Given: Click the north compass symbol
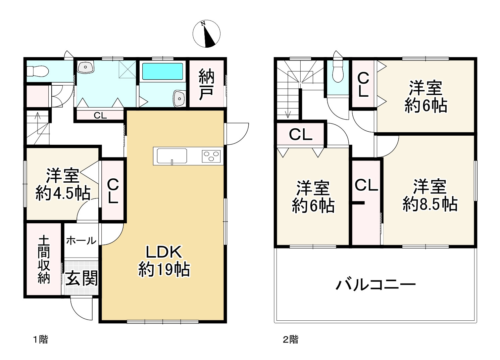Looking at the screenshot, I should point(206,34).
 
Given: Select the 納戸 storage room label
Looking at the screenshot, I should point(206,84).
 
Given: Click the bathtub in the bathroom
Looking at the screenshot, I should point(162,72).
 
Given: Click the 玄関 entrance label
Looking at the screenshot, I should point(82,278).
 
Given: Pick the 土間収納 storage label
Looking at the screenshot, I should point(44,260).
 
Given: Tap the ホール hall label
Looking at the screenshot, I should point(81,240).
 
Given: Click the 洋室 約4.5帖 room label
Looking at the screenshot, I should point(63,184).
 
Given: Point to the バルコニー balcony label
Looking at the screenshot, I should point(376,285).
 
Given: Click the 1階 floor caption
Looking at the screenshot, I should point(40,340).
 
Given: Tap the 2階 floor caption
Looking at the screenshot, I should point(290,340).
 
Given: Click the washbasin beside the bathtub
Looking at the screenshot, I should point(180,98).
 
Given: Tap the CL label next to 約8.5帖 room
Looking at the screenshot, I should point(366,185).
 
